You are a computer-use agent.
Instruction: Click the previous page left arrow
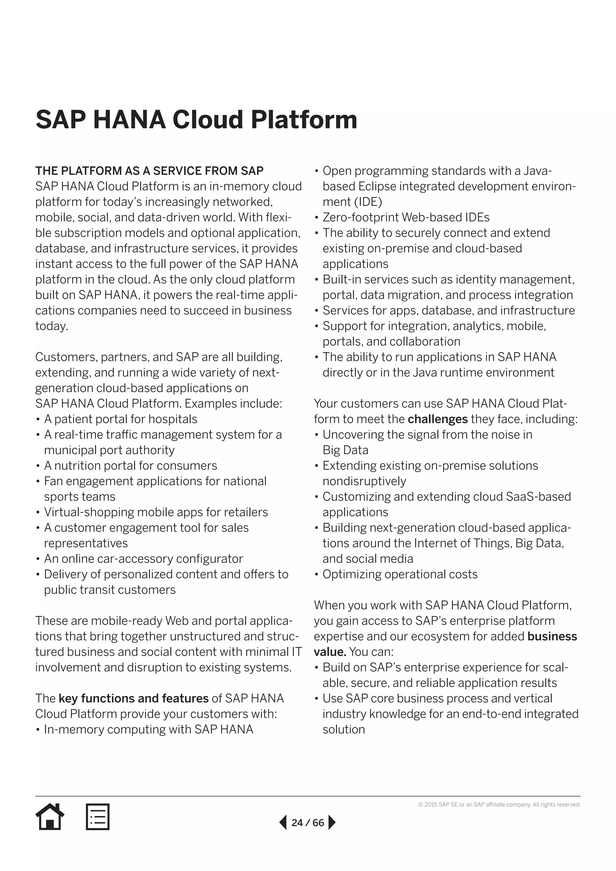coord(283,823)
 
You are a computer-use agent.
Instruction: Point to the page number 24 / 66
coord(308,823)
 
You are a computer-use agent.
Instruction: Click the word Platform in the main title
coord(304,119)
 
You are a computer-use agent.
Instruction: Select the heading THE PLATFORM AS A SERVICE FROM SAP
coord(149,171)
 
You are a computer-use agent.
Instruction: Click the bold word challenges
coord(437,419)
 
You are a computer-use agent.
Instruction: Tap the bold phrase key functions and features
coord(133,698)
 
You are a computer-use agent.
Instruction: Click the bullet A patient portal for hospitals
coord(121,419)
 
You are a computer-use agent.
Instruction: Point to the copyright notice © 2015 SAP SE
coord(499,804)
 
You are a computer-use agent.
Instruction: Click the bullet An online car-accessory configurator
coord(143,559)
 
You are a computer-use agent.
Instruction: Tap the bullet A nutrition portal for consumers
coord(131,466)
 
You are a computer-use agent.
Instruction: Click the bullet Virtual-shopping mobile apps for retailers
coord(156,512)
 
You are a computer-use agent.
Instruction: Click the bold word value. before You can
coord(330,652)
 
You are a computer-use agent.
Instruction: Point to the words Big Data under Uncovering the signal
coord(345,450)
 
